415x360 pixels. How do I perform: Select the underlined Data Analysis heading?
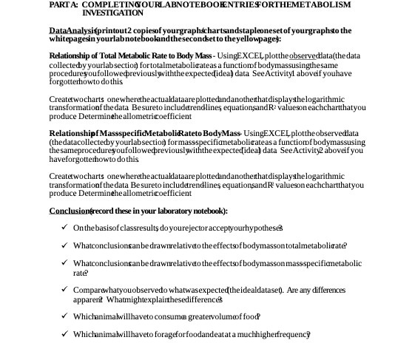coord(70,30)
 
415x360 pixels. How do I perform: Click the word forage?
coord(166,335)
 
